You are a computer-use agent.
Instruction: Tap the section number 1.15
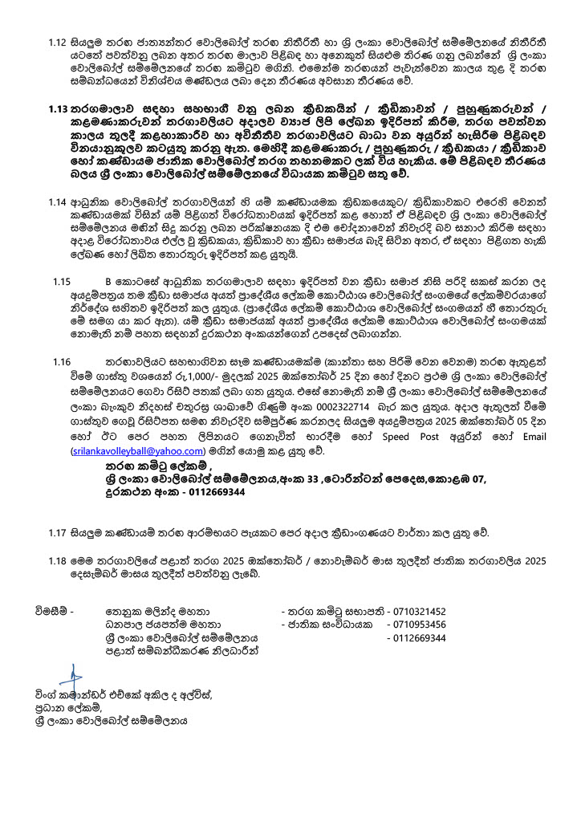[x=62, y=282]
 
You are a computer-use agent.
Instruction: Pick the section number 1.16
[x=62, y=363]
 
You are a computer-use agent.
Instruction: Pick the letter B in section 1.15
[x=108, y=282]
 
